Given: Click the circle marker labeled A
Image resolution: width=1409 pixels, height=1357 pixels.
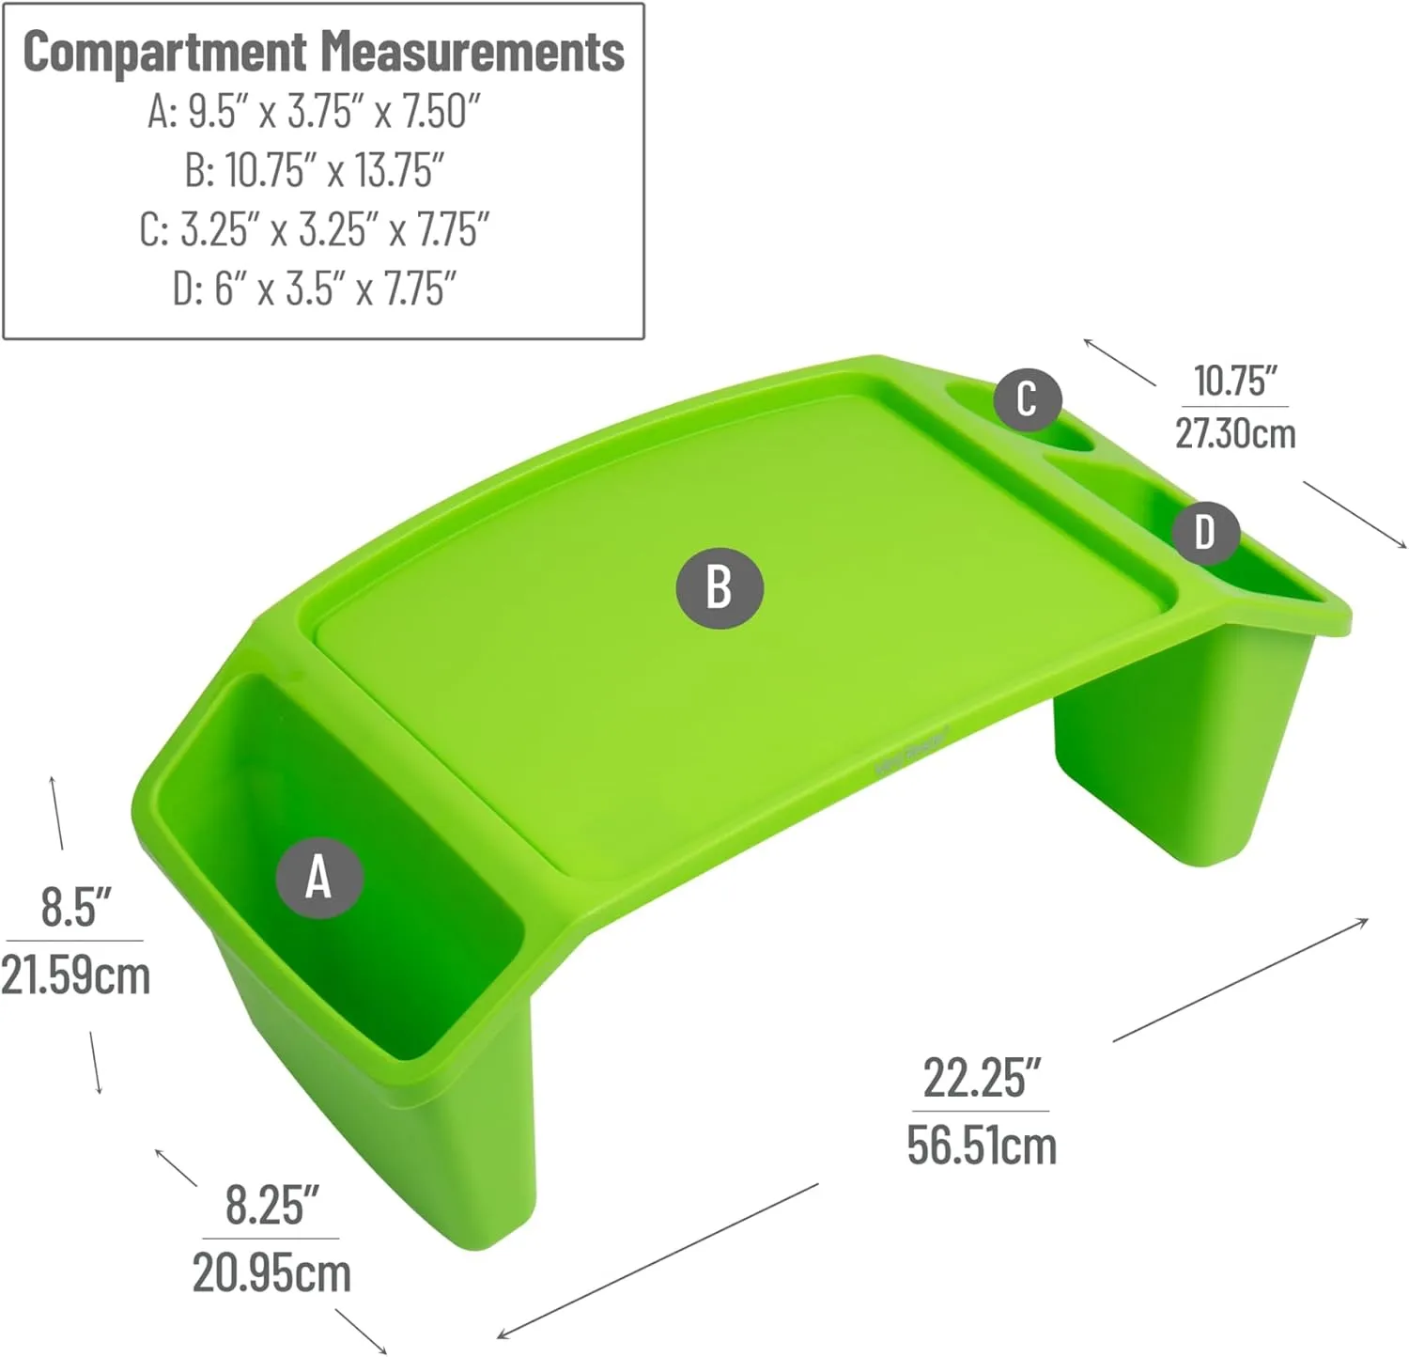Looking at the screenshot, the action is tap(319, 877).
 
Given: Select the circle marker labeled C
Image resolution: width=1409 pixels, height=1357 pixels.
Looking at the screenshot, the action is tap(1027, 398).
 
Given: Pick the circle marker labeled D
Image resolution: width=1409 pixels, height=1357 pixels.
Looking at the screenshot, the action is tap(1205, 532).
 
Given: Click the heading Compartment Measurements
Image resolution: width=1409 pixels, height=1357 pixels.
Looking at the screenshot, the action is tap(324, 51).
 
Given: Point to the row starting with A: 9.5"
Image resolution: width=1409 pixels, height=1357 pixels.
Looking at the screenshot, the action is tap(314, 111).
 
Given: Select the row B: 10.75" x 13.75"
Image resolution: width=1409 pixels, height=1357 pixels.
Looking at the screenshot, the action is tap(315, 170).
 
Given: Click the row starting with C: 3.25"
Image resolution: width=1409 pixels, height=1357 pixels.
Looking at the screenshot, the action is tap(315, 229).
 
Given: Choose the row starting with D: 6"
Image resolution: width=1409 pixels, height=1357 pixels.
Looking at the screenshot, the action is tap(315, 288).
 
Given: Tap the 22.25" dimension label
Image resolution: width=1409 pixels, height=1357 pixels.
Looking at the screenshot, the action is tap(982, 1078).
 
